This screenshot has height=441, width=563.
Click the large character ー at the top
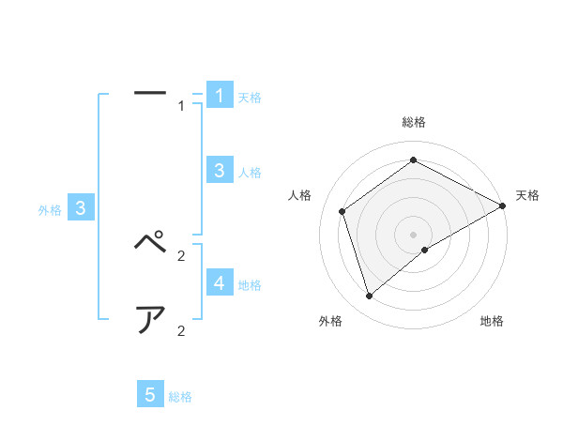(x=150, y=93)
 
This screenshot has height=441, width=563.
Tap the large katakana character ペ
(x=150, y=242)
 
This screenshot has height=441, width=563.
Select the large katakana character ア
(x=150, y=320)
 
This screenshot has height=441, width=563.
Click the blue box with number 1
(x=220, y=96)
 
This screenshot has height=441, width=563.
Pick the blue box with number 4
(x=220, y=282)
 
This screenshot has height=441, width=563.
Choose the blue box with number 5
(x=150, y=395)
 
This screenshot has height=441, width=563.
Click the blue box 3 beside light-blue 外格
(x=81, y=209)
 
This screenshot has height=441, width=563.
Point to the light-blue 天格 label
(x=250, y=98)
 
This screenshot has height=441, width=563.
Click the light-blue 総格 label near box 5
(x=180, y=397)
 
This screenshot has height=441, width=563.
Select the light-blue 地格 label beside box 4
(x=250, y=284)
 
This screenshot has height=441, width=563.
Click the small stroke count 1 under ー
(x=181, y=106)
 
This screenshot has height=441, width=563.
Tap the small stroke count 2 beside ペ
(x=181, y=255)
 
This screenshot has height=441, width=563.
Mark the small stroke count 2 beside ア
(x=181, y=330)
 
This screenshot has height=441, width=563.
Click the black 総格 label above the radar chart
(x=414, y=122)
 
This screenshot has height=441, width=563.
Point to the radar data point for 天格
(x=503, y=206)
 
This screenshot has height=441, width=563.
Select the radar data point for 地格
(x=425, y=250)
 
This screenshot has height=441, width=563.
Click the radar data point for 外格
(x=369, y=297)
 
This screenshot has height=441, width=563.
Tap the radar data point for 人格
(x=342, y=211)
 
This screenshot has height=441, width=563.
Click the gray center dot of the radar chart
(x=414, y=235)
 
